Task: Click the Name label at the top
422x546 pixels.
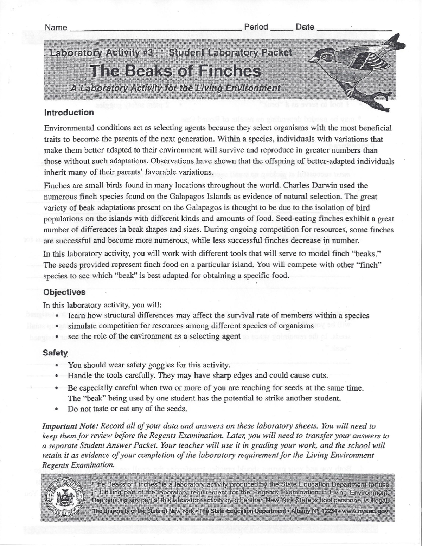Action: pos(56,27)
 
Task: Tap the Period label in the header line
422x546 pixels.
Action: pos(256,27)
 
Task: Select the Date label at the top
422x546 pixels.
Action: pos(305,27)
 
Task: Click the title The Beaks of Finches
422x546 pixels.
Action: pos(175,71)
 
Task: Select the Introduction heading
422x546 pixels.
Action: pos(69,113)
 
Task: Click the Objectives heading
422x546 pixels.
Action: pos(64,292)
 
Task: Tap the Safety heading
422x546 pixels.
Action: pos(55,353)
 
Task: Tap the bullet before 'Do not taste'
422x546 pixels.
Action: pos(56,409)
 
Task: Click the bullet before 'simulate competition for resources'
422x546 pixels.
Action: pos(57,326)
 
